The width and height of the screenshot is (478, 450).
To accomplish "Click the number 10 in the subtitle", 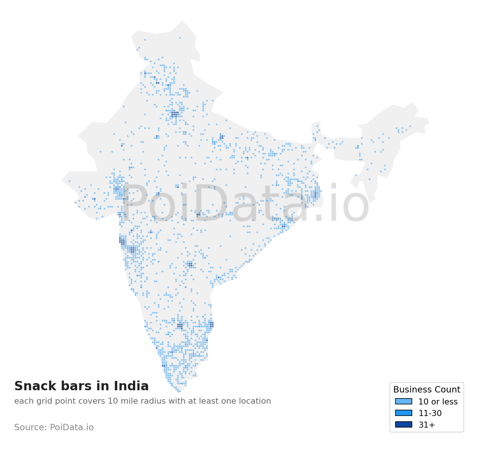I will pyautogui.click(x=112, y=401).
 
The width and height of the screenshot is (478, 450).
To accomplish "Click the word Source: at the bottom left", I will pyautogui.click(x=31, y=428).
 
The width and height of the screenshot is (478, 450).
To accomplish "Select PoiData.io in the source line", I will pyautogui.click(x=72, y=428).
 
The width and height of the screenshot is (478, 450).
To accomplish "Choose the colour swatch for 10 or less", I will pyautogui.click(x=404, y=401).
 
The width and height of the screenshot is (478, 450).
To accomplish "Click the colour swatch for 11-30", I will pyautogui.click(x=404, y=413).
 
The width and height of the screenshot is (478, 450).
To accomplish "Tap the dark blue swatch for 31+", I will pyautogui.click(x=404, y=425).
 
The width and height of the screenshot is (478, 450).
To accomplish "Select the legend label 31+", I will pyautogui.click(x=426, y=425).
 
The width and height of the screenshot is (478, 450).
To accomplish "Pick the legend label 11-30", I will pyautogui.click(x=430, y=413).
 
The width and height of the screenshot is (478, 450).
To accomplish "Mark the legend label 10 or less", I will pyautogui.click(x=438, y=402).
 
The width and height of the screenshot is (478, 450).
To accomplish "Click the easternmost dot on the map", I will pyautogui.click(x=410, y=126).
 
